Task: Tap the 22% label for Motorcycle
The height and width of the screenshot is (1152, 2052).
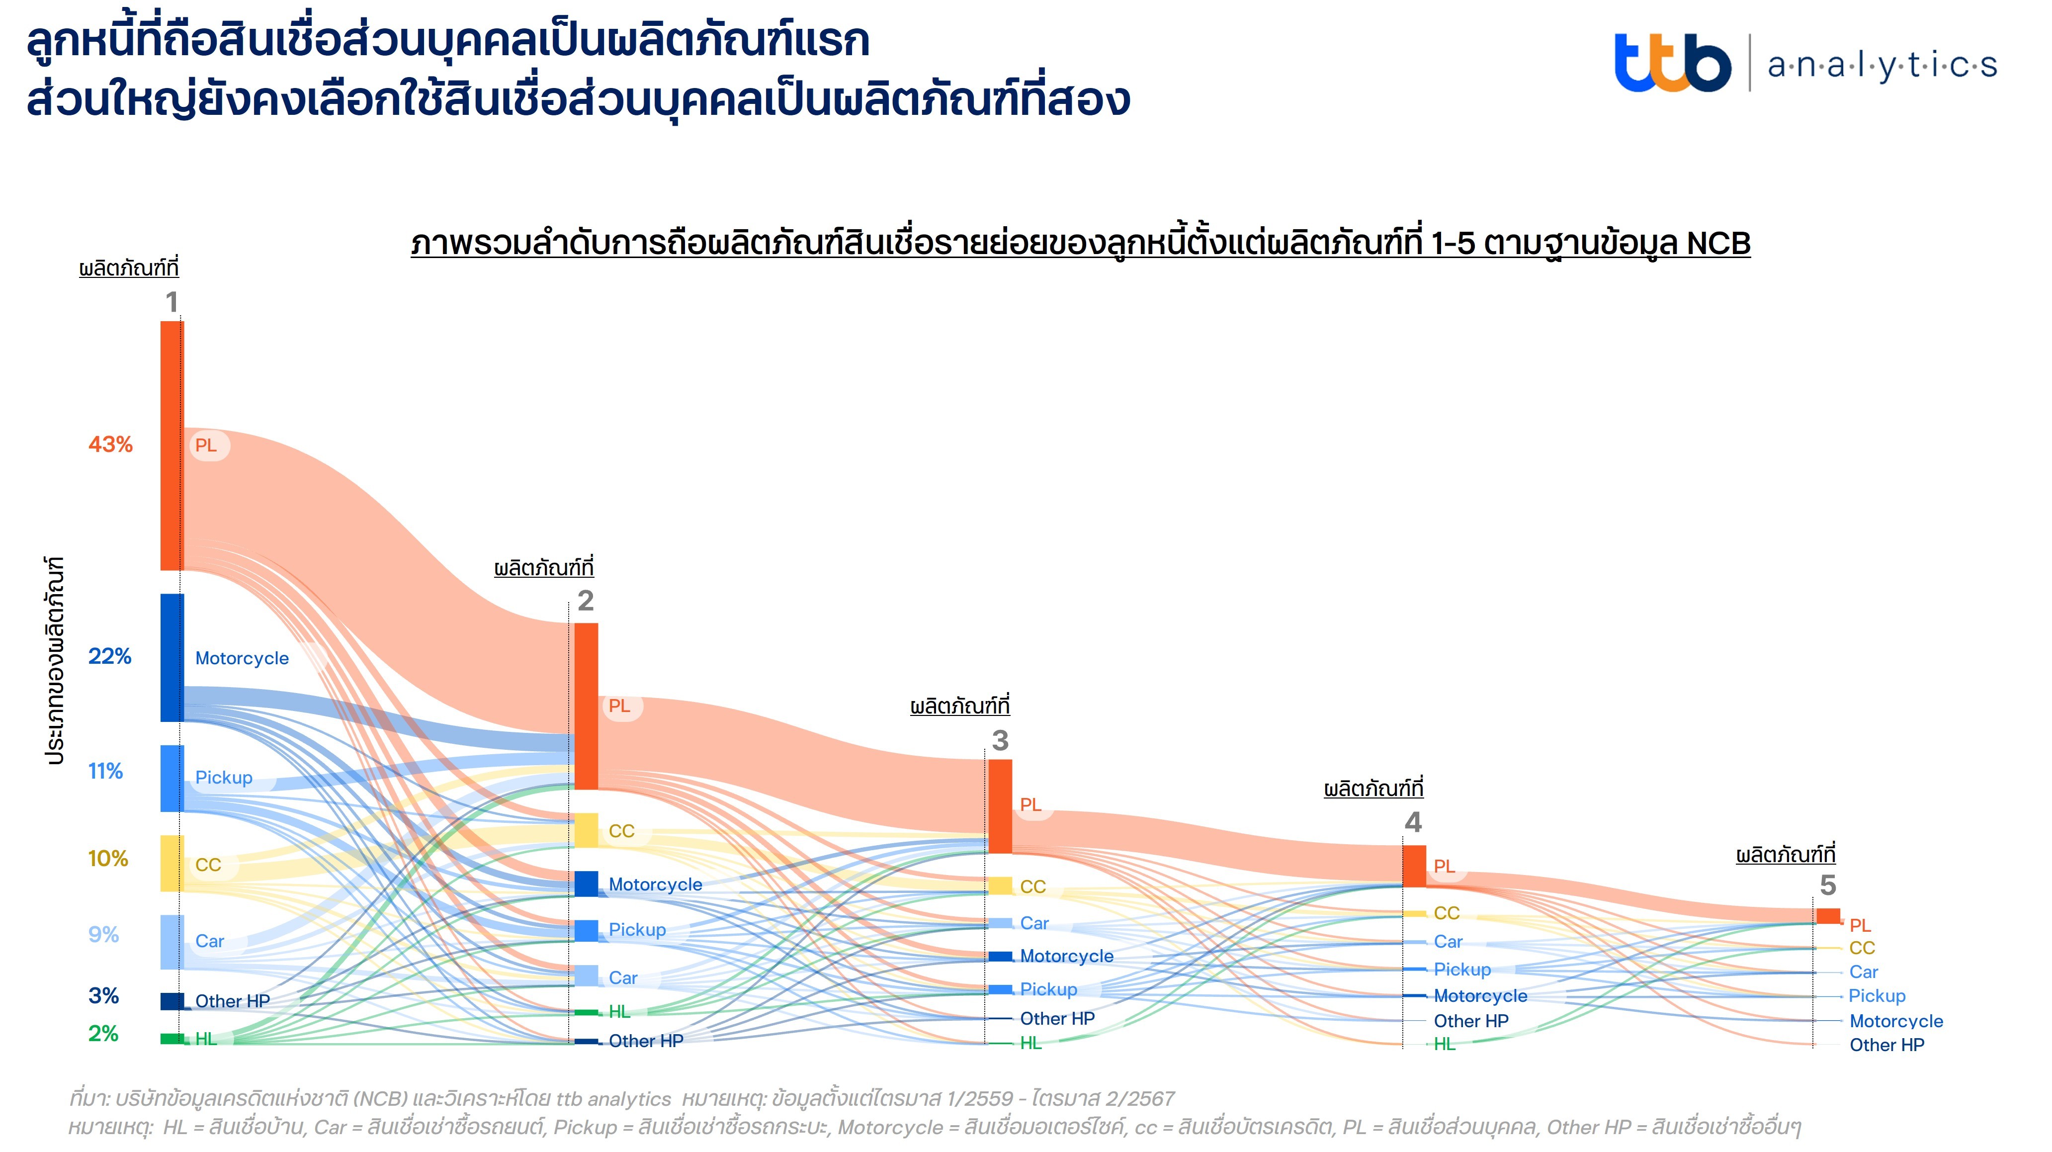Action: point(110,656)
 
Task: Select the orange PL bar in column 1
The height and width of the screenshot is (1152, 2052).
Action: point(172,445)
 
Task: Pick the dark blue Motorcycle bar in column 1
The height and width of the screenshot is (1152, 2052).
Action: point(172,657)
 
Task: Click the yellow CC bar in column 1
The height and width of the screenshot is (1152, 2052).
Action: point(172,863)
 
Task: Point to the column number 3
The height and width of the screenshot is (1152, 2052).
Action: point(1001,741)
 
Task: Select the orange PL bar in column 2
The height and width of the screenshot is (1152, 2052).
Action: point(586,706)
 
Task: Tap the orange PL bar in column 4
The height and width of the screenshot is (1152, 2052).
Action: point(1414,866)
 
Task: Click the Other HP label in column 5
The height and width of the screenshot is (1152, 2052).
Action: point(1886,1045)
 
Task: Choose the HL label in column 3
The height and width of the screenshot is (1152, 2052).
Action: point(1031,1043)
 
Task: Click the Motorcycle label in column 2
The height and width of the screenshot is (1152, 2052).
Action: point(655,885)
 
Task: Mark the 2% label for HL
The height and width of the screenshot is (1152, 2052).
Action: point(103,1034)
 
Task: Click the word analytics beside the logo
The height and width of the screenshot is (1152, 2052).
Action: point(1881,65)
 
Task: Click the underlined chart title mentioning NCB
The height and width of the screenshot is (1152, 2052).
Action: point(1080,244)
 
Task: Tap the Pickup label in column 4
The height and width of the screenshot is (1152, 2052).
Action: point(1462,970)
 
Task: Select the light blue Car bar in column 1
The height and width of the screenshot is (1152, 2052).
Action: point(172,942)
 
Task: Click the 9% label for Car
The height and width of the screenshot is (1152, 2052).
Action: point(103,935)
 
